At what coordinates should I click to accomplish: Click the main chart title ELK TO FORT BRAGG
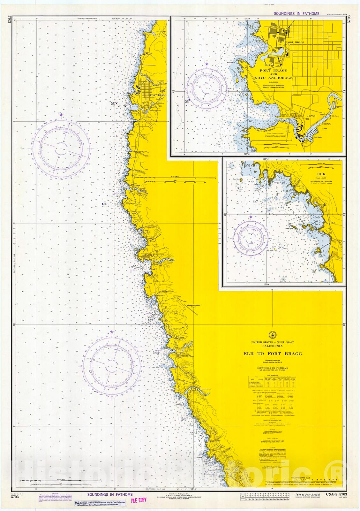(272, 354)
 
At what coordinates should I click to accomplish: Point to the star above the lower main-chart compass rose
(112, 332)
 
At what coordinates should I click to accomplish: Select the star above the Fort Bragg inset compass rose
(207, 65)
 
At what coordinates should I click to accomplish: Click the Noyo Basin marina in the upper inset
(311, 135)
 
